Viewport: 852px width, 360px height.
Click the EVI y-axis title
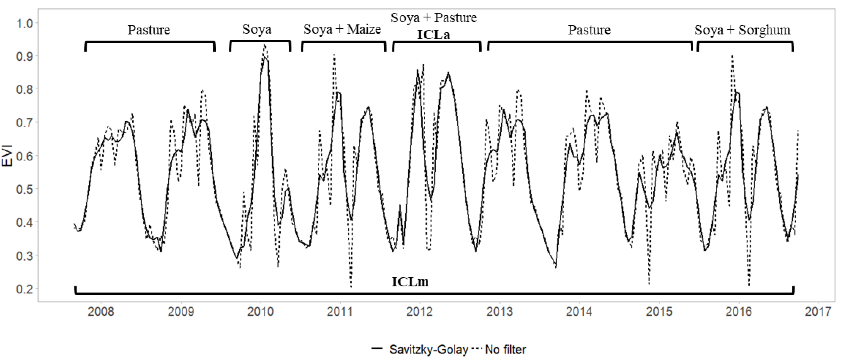click(x=7, y=156)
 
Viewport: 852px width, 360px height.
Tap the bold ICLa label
click(x=433, y=35)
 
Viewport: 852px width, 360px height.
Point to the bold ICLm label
click(x=410, y=282)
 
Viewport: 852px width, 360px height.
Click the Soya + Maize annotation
click(x=342, y=29)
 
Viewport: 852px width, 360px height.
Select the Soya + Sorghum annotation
click(x=742, y=30)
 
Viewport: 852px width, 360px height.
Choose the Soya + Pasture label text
click(x=434, y=17)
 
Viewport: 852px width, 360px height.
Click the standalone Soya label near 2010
click(x=257, y=29)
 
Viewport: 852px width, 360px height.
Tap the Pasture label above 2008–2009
click(x=149, y=30)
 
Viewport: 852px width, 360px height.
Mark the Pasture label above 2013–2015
click(x=589, y=30)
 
